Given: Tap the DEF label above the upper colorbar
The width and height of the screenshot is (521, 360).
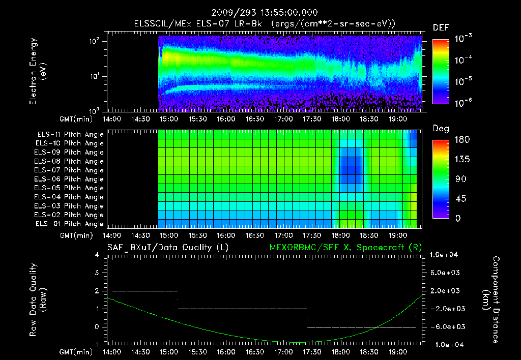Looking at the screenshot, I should (x=441, y=27).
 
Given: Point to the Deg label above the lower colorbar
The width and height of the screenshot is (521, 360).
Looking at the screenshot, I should (x=441, y=129).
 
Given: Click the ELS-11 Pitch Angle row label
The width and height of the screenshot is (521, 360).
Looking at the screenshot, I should (x=70, y=134).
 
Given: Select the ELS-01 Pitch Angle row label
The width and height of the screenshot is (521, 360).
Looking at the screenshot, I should (x=70, y=224).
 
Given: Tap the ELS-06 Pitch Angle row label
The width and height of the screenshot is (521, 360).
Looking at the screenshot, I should (x=70, y=179).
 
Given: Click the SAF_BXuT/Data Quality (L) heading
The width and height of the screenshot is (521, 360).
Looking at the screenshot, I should (x=167, y=247).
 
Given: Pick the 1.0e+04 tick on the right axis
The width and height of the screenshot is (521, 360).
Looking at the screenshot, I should (x=446, y=255).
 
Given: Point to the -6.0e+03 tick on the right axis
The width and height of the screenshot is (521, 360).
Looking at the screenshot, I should (x=446, y=326).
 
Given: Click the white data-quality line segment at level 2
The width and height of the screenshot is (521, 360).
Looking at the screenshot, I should (x=145, y=291).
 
